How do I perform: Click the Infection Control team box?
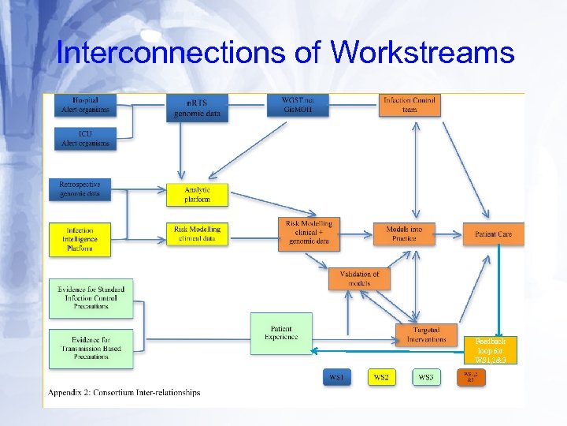[409, 105]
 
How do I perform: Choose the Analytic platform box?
[197, 195]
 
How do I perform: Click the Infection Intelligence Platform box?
[80, 238]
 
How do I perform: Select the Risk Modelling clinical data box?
[197, 234]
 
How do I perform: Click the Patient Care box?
[494, 234]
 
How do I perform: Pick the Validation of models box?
[359, 278]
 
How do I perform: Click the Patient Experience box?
[281, 333]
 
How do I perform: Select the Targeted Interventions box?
[426, 334]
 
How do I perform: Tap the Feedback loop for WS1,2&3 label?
[495, 351]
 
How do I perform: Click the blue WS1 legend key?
[337, 377]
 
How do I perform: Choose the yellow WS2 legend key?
[381, 377]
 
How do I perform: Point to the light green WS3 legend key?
[426, 377]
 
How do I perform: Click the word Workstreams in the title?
[423, 54]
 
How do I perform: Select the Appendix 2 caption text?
[124, 392]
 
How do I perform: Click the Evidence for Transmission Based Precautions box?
[89, 349]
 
